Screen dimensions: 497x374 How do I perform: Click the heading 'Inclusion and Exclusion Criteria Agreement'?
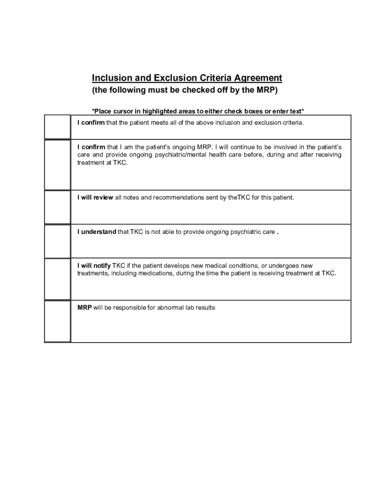pyautogui.click(x=187, y=78)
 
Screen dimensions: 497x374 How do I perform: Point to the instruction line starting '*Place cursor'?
pyautogui.click(x=198, y=111)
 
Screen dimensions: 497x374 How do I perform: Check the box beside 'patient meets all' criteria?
pyautogui.click(x=57, y=127)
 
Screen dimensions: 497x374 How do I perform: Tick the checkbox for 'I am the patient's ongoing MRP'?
pyautogui.click(x=57, y=165)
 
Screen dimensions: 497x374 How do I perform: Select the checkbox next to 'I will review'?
pyautogui.click(x=57, y=207)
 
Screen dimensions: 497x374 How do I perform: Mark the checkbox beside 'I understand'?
pyautogui.click(x=57, y=241)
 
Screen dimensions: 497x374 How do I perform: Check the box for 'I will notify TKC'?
pyautogui.click(x=57, y=279)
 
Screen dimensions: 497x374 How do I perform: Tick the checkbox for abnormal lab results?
pyautogui.click(x=57, y=321)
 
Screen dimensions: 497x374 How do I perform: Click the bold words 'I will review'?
pyautogui.click(x=95, y=198)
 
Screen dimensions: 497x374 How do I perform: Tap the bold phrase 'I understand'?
pyautogui.click(x=97, y=232)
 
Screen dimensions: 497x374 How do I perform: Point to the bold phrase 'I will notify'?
pyautogui.click(x=94, y=266)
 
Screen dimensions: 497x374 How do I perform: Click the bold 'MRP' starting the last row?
pyautogui.click(x=85, y=308)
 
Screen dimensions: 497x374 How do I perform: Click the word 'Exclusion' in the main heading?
pyautogui.click(x=175, y=78)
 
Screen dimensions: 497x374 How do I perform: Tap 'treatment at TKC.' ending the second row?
pyautogui.click(x=102, y=163)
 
